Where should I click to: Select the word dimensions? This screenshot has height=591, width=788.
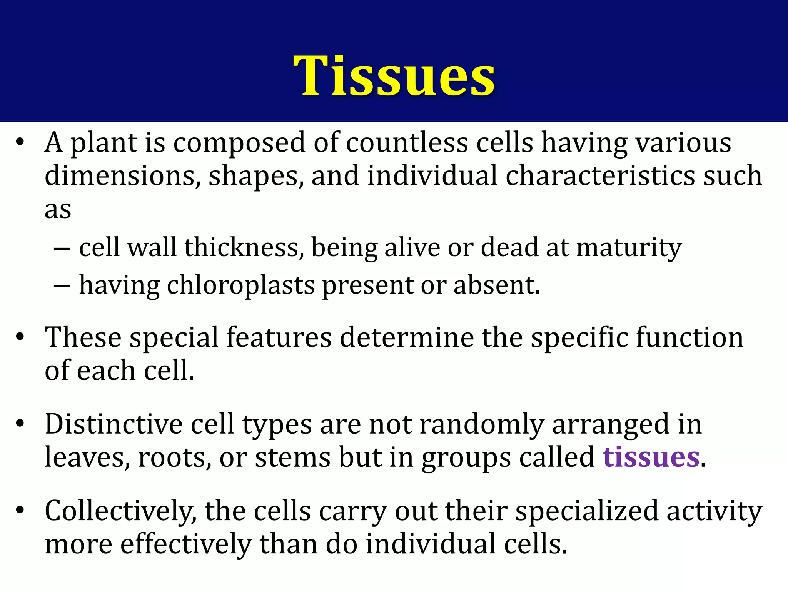pos(122,176)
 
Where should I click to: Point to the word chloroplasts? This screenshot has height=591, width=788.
pos(240,285)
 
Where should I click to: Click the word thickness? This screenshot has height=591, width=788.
pos(241,247)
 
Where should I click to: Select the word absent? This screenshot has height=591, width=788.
pos(496,285)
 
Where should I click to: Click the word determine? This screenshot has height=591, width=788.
pos(406,337)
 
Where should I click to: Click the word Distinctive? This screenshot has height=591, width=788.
pos(114,424)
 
